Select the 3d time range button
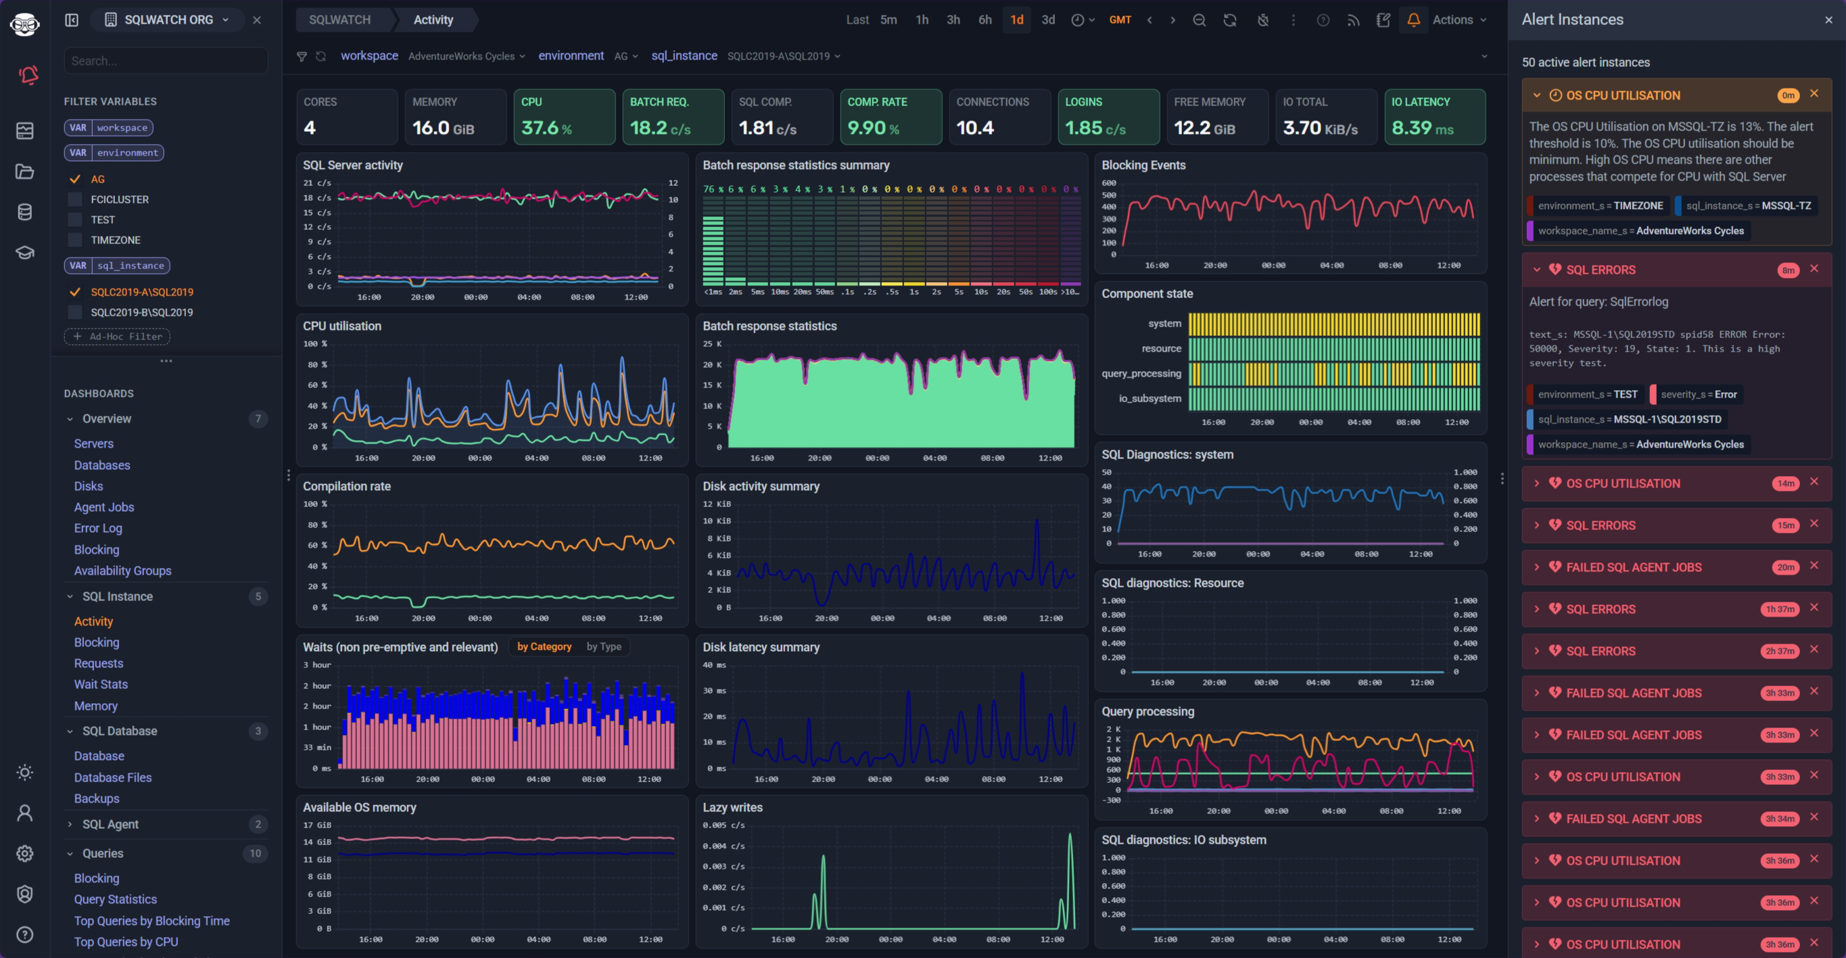coord(1047,20)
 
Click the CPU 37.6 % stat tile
coord(563,117)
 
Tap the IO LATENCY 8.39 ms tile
coord(1434,117)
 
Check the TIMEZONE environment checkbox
coord(75,240)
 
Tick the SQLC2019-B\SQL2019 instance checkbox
coord(75,312)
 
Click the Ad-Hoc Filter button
coord(118,336)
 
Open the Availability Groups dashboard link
coord(122,571)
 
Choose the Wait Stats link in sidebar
coord(101,684)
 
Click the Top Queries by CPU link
coord(126,942)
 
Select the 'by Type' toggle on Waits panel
coord(603,646)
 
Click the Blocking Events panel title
coord(1143,165)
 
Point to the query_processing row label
coord(1141,373)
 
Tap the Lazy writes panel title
coord(732,807)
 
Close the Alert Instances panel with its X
coord(1828,20)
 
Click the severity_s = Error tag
coord(1698,394)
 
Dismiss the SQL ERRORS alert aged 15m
coord(1814,524)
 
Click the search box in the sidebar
coord(166,61)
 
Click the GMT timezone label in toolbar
coord(1119,20)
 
